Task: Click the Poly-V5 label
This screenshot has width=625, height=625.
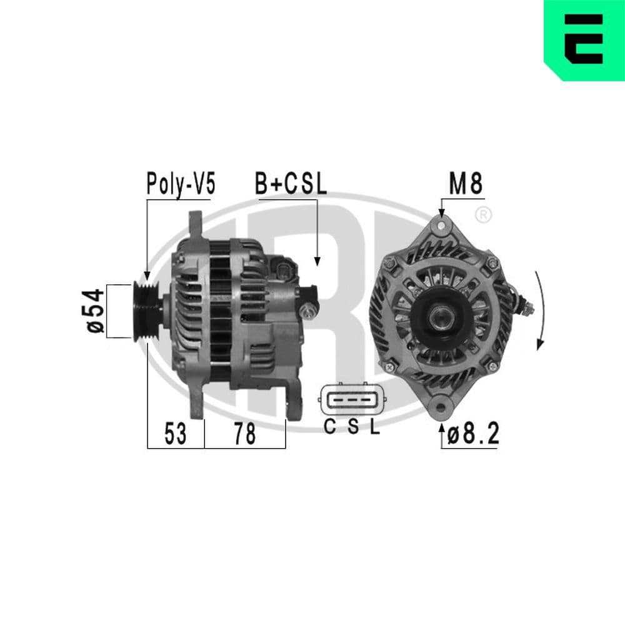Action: [x=180, y=184]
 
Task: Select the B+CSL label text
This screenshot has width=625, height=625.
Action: [x=291, y=184]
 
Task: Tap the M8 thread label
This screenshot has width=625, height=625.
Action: [x=466, y=184]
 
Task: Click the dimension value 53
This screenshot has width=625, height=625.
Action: [x=176, y=434]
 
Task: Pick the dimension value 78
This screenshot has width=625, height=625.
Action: [x=244, y=434]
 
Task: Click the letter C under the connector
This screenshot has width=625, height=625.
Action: [x=330, y=427]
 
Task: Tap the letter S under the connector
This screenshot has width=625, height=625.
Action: [x=352, y=427]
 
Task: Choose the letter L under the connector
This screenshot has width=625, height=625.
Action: [x=374, y=427]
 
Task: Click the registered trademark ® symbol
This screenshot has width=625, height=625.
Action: [x=483, y=215]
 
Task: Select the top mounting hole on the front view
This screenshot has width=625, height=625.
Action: [x=442, y=223]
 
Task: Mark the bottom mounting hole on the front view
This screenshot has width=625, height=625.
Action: [x=442, y=407]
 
